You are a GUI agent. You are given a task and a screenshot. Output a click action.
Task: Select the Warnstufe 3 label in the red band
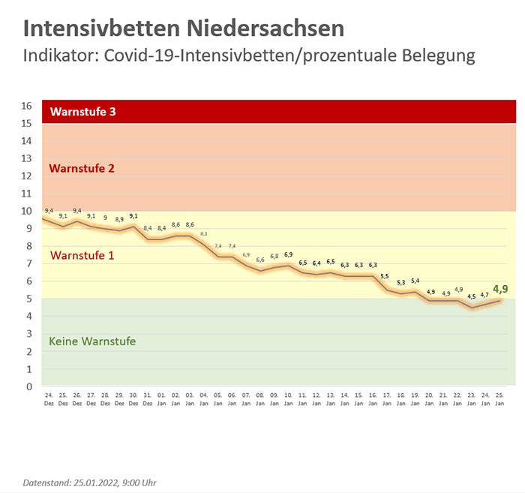83,113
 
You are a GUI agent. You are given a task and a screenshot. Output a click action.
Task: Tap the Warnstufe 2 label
82,168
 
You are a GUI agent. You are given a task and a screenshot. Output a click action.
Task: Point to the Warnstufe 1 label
82,255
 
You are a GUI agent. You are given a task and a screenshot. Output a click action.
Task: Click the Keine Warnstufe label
92,341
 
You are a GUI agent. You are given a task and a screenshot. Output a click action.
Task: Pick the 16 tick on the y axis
27,106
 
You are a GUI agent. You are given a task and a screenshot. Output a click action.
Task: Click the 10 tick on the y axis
27,212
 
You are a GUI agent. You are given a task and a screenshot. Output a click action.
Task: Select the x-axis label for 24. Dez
49,398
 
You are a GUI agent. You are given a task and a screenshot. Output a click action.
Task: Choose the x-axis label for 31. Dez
148,398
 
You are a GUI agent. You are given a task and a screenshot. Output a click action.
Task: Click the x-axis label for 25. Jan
500,398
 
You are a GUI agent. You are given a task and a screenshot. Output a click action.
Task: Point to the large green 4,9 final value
501,288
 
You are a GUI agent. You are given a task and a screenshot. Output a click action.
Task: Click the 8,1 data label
204,234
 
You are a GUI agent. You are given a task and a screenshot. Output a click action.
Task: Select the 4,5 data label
472,296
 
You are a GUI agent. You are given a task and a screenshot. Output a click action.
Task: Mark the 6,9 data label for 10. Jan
289,254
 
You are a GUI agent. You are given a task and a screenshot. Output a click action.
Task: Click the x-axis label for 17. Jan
387,398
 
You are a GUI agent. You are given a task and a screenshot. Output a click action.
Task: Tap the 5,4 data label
415,281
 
